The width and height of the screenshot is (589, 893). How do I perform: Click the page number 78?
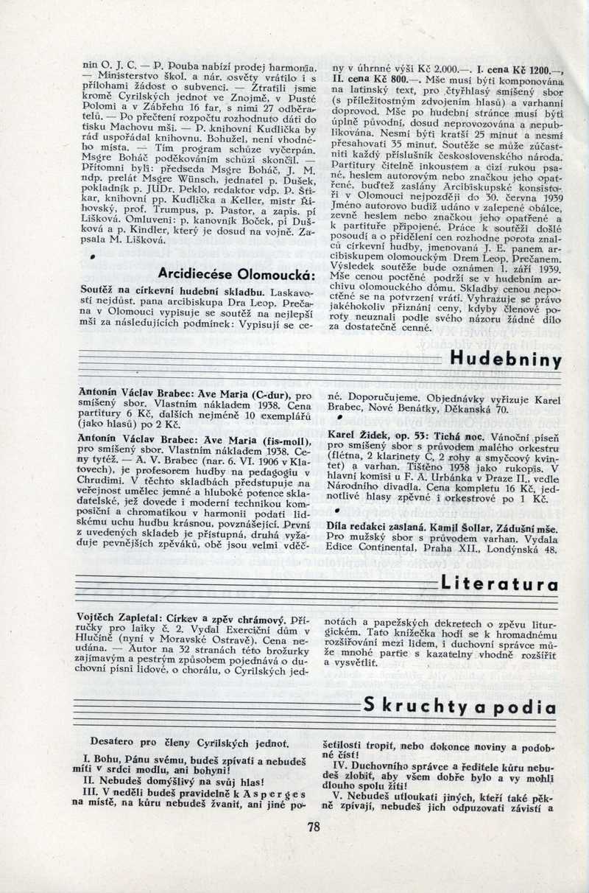tap(314, 826)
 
